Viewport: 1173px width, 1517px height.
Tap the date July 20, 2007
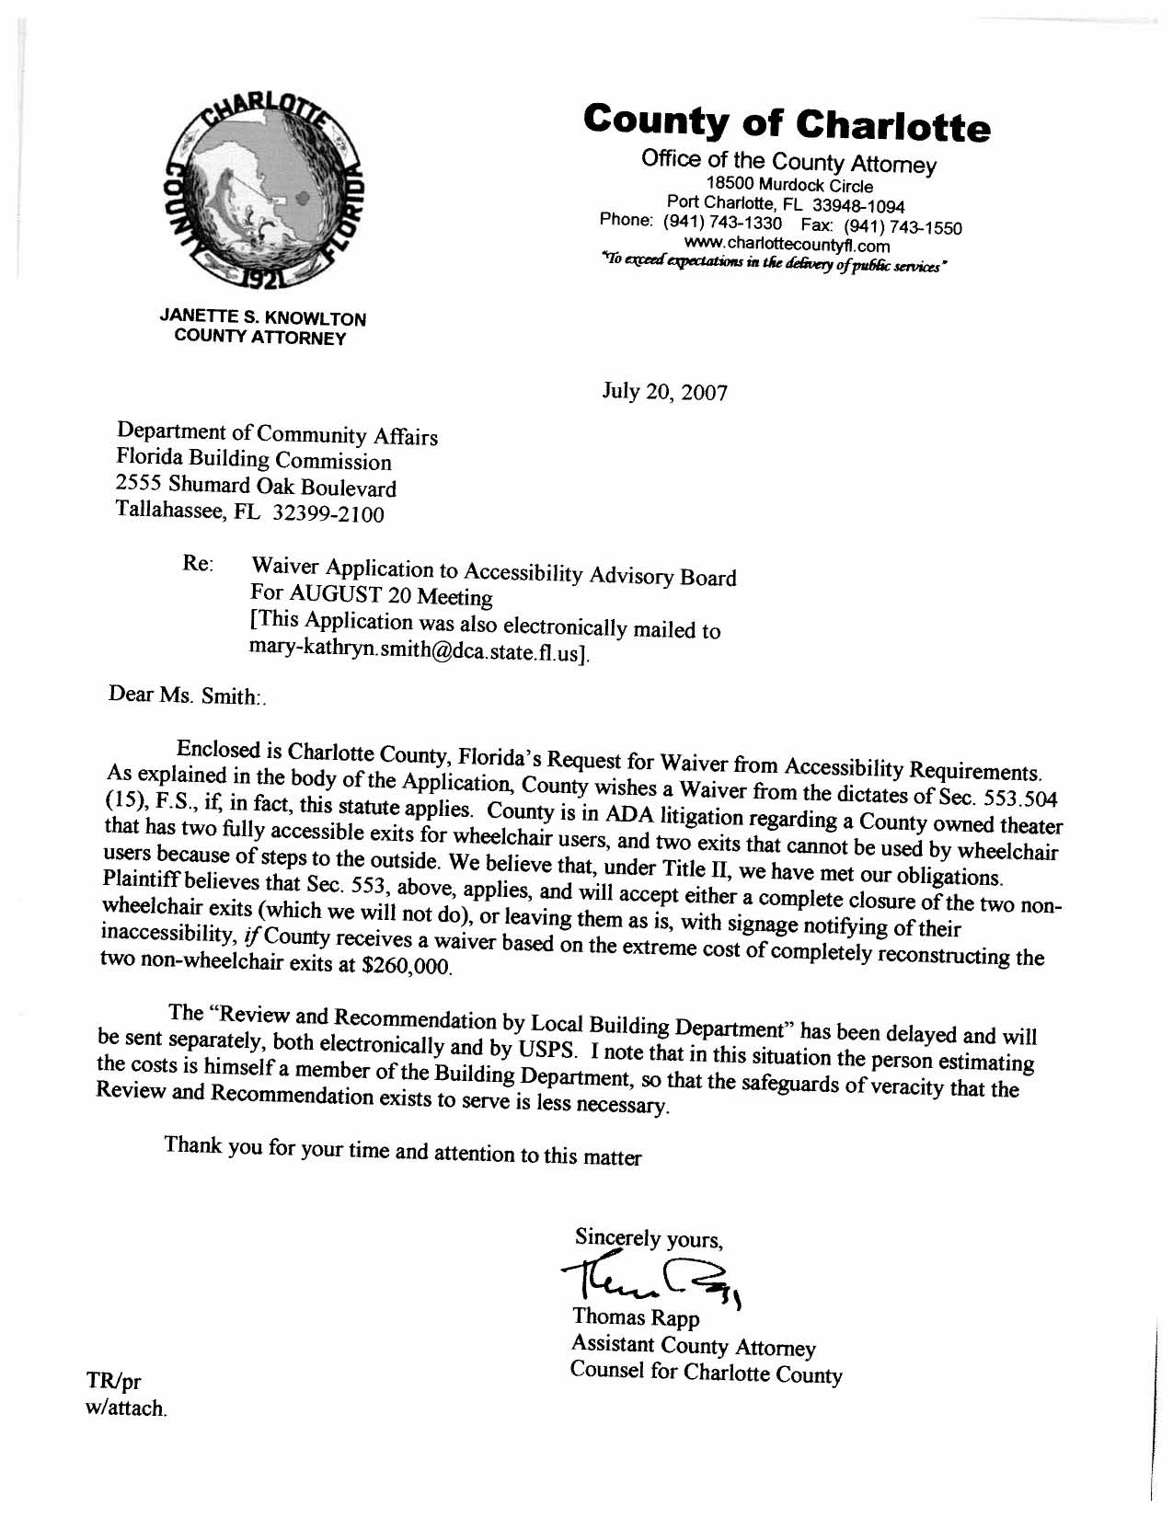664,393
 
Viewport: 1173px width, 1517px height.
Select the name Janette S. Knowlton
262,318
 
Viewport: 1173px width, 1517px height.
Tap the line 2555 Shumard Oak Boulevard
256,485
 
